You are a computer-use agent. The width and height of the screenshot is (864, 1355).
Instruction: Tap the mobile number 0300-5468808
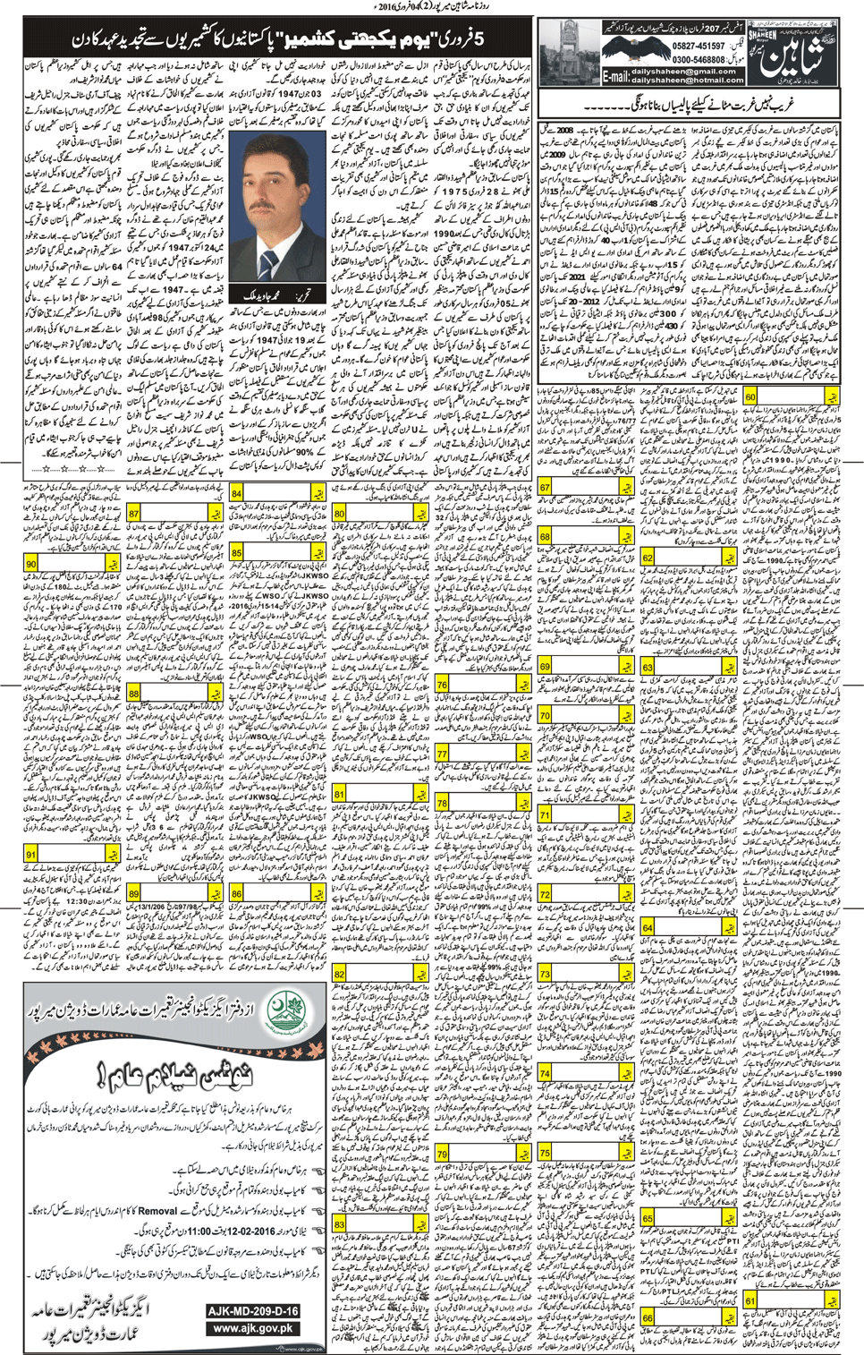(699, 59)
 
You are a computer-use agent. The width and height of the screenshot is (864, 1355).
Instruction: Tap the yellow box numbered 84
(236, 493)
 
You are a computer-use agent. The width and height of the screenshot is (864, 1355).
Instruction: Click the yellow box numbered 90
(31, 564)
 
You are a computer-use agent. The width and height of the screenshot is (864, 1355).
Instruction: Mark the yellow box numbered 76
(442, 685)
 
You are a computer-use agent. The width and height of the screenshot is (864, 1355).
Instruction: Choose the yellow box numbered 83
(340, 1223)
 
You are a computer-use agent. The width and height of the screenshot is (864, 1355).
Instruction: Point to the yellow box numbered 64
(648, 928)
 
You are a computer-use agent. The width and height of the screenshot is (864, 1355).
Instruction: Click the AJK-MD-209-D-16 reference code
(253, 1310)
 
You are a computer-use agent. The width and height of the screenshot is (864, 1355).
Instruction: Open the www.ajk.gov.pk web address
(253, 1328)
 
